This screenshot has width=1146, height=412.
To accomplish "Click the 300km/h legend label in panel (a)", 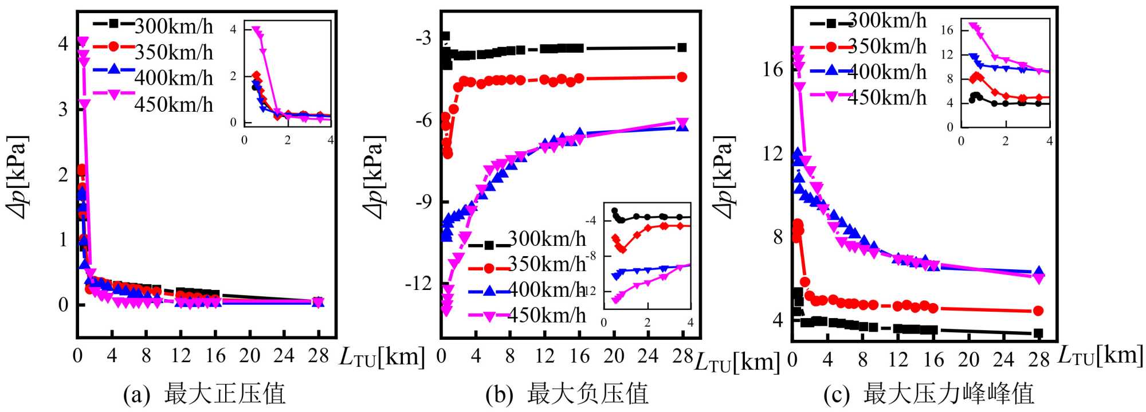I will click(173, 26).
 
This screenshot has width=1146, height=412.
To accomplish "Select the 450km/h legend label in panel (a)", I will click(173, 104).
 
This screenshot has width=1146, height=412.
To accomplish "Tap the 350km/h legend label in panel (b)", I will click(547, 264).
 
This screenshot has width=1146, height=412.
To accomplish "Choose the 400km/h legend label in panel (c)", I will click(887, 72).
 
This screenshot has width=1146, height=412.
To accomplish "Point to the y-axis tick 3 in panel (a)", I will click(63, 109).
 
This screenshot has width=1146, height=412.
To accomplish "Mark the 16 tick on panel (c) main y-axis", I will click(773, 69).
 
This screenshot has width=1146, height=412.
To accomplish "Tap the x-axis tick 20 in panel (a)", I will click(249, 356).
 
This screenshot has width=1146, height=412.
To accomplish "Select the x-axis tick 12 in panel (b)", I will click(544, 356).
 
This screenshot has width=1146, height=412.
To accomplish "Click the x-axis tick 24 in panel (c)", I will click(1004, 359).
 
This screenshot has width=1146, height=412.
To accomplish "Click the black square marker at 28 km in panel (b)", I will click(682, 48).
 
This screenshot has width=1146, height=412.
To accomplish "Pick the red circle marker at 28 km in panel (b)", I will click(682, 77).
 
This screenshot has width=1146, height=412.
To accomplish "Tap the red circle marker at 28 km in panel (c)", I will click(1038, 311).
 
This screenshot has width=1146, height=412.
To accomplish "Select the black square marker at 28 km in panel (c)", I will click(1038, 333).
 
